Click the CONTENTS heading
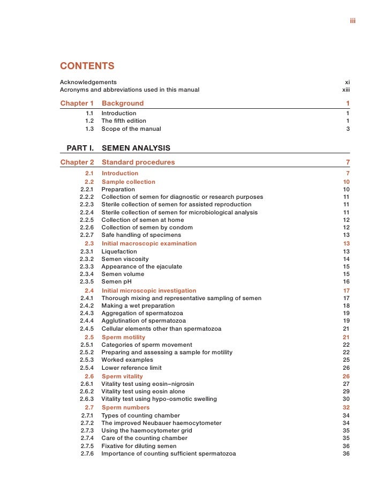[x=87, y=66]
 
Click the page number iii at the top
[x=352, y=21]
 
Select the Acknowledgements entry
[x=88, y=82]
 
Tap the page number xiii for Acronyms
[x=346, y=89]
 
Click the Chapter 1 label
[x=77, y=103]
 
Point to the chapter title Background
[x=123, y=103]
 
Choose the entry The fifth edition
[x=124, y=121]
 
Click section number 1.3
[x=89, y=129]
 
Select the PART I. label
[x=80, y=148]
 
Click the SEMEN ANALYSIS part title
[x=136, y=148]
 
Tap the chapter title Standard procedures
[x=138, y=162]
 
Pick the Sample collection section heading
[x=129, y=182]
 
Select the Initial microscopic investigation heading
[x=149, y=291]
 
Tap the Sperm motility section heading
[x=123, y=337]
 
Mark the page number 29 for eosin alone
[x=346, y=392]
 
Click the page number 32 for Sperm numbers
[x=346, y=407]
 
